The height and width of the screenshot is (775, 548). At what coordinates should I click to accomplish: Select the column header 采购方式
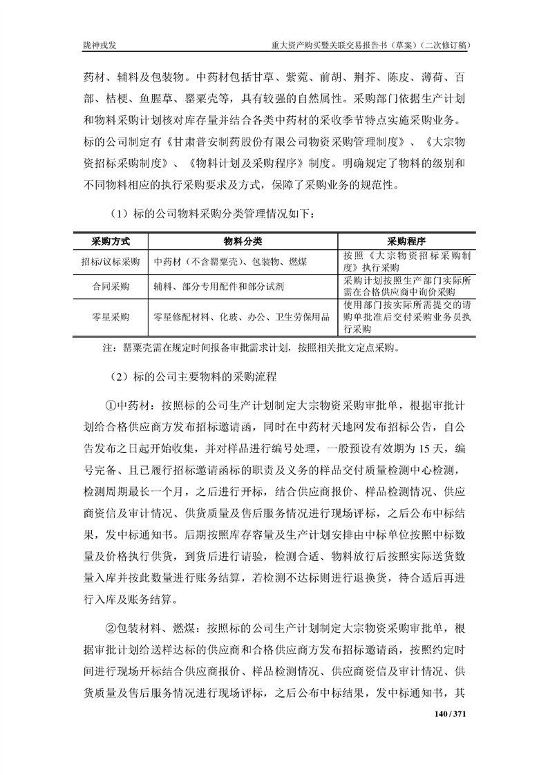pyautogui.click(x=111, y=242)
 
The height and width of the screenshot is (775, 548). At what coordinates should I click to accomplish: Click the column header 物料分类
pyautogui.click(x=242, y=242)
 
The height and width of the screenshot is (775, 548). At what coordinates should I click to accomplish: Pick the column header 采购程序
pyautogui.click(x=406, y=242)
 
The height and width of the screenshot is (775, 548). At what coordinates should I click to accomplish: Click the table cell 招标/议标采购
pyautogui.click(x=111, y=262)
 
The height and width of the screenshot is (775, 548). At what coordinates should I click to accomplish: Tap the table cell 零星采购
pyautogui.click(x=111, y=317)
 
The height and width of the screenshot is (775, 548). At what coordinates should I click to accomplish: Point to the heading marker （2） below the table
pyautogui.click(x=113, y=377)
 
